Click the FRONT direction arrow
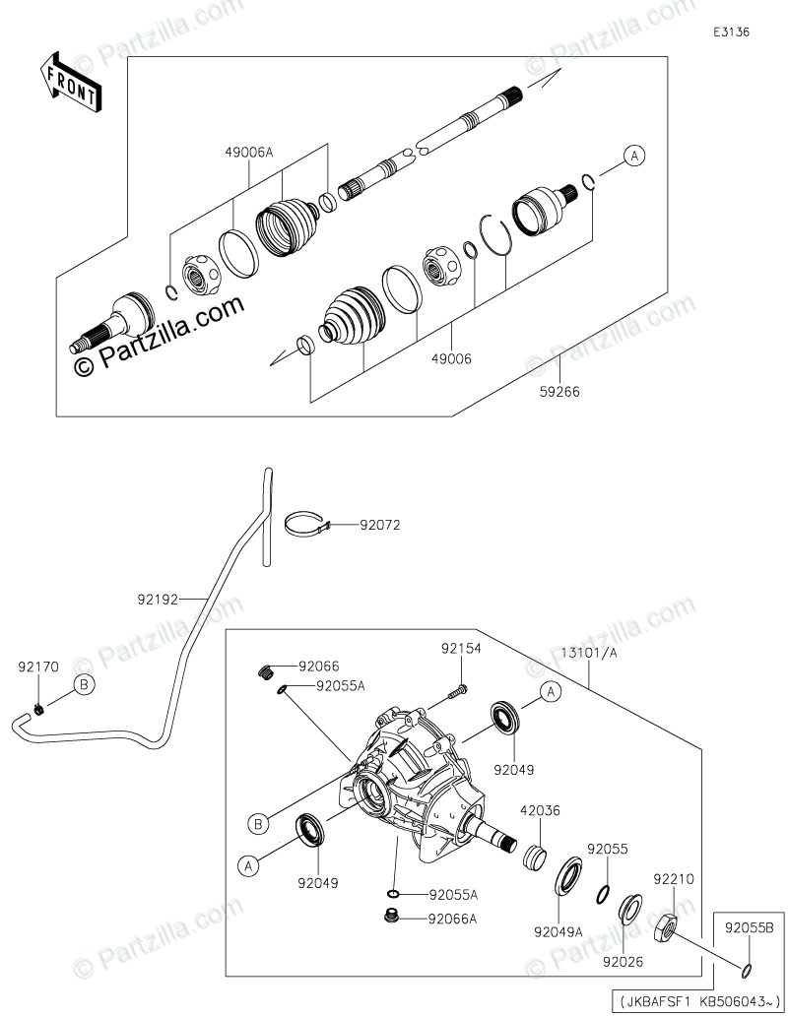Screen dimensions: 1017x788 point(69,83)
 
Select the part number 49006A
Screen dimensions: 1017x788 point(248,152)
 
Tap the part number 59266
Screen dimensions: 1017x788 point(559,391)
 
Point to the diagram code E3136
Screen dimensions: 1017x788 point(732,32)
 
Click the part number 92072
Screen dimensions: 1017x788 point(380,526)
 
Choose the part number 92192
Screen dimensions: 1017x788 point(159,598)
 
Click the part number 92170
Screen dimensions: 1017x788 point(37,667)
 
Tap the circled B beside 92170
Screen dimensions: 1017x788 point(84,684)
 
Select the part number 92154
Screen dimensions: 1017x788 point(461,650)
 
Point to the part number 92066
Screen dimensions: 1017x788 point(318,667)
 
